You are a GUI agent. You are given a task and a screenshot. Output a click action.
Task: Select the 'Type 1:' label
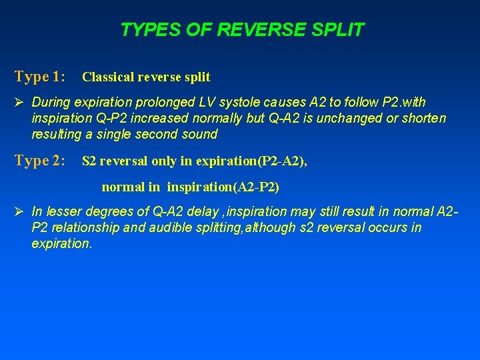tap(39, 77)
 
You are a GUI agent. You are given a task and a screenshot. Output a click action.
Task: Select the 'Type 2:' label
tap(39, 161)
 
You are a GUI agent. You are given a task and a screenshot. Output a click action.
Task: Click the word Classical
tap(109, 77)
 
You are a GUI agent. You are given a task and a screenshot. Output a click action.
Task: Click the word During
tap(53, 102)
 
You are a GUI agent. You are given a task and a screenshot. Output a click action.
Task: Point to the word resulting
tap(57, 134)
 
